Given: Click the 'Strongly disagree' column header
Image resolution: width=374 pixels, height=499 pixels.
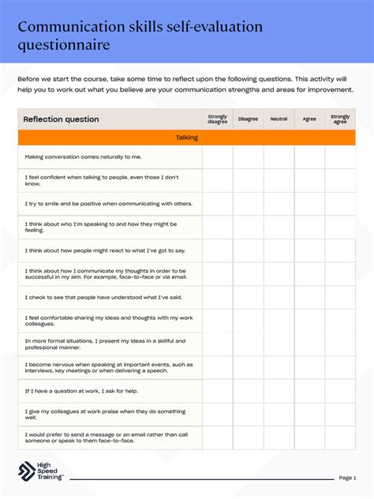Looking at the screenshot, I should point(217,119).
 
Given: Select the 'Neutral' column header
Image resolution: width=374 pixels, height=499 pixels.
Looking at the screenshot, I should point(279,119).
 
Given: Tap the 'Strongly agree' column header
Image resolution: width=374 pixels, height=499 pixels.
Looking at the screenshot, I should point(340,119).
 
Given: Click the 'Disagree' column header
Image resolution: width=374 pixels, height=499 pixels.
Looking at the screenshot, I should point(248,119).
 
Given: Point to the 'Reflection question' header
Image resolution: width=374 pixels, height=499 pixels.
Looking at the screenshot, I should point(62,119).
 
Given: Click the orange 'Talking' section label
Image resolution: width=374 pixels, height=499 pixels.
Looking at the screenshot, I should point(186,137).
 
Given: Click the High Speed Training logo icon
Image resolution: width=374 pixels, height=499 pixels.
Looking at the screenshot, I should point(27,470).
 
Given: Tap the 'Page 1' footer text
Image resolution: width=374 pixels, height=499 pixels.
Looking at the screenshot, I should point(347,478).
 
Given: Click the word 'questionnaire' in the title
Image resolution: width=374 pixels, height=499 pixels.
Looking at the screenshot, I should point(64,45).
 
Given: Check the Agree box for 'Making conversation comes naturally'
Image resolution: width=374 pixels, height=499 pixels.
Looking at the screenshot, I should point(309,157).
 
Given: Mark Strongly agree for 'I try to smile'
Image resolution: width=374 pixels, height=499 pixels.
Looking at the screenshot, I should point(340,204).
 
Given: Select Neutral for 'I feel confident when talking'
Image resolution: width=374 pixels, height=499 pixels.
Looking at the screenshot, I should point(279,181).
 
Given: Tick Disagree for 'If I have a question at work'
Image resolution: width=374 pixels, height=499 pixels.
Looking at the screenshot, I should point(248,391).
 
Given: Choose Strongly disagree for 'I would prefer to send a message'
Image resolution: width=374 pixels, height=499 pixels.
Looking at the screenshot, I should point(217,437).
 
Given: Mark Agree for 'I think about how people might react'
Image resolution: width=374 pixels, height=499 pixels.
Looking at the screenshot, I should point(309,250).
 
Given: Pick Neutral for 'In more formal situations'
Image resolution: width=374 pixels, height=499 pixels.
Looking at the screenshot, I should point(279,344).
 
